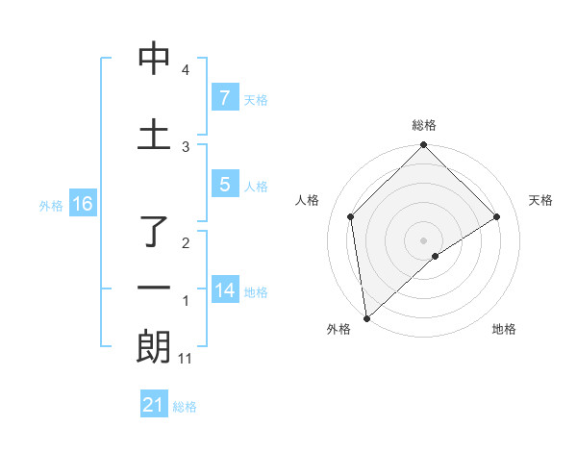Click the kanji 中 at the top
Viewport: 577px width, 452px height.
(154, 60)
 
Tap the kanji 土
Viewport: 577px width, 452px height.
(154, 134)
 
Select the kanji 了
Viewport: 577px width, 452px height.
(154, 234)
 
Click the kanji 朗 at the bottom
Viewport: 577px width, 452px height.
(154, 347)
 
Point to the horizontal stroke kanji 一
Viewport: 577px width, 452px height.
(154, 288)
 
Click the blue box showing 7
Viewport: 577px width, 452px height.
(224, 97)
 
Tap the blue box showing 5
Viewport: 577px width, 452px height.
(224, 185)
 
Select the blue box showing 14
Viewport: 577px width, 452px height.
(225, 289)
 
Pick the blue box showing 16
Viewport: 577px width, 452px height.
(82, 204)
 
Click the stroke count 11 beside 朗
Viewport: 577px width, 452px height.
(186, 359)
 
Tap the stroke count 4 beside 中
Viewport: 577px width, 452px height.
(186, 70)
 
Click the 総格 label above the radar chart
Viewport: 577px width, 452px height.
(424, 126)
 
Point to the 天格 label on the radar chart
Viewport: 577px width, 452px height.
(541, 200)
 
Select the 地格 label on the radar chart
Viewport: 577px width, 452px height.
(504, 330)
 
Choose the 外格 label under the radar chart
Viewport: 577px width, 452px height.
(339, 330)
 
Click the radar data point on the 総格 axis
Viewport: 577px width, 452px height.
(424, 146)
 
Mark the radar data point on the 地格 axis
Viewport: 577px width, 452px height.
(436, 256)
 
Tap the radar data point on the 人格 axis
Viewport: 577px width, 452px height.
(351, 216)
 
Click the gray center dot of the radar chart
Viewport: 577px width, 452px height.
(424, 239)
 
